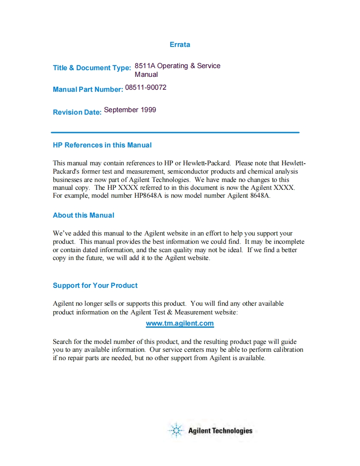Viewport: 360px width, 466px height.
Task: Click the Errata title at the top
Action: (x=180, y=44)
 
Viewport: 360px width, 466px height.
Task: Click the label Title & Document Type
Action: (x=92, y=68)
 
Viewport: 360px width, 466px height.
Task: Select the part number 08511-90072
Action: (x=145, y=87)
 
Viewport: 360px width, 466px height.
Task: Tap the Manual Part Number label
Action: (x=88, y=89)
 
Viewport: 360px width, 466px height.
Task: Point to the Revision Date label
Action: (x=77, y=112)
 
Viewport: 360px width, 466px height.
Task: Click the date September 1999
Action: (x=130, y=110)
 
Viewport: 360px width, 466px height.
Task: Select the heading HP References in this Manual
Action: (x=102, y=145)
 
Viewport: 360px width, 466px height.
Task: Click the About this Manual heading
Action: (x=83, y=215)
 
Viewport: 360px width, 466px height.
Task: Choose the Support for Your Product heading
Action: (x=95, y=285)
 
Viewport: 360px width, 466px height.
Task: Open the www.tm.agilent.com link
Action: (x=180, y=323)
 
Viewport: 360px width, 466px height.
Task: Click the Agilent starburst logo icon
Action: (x=177, y=430)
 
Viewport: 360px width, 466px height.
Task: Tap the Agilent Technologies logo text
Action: (x=220, y=431)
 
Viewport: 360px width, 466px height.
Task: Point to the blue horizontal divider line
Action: (x=175, y=132)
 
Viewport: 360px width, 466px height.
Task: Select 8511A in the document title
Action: (x=145, y=66)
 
